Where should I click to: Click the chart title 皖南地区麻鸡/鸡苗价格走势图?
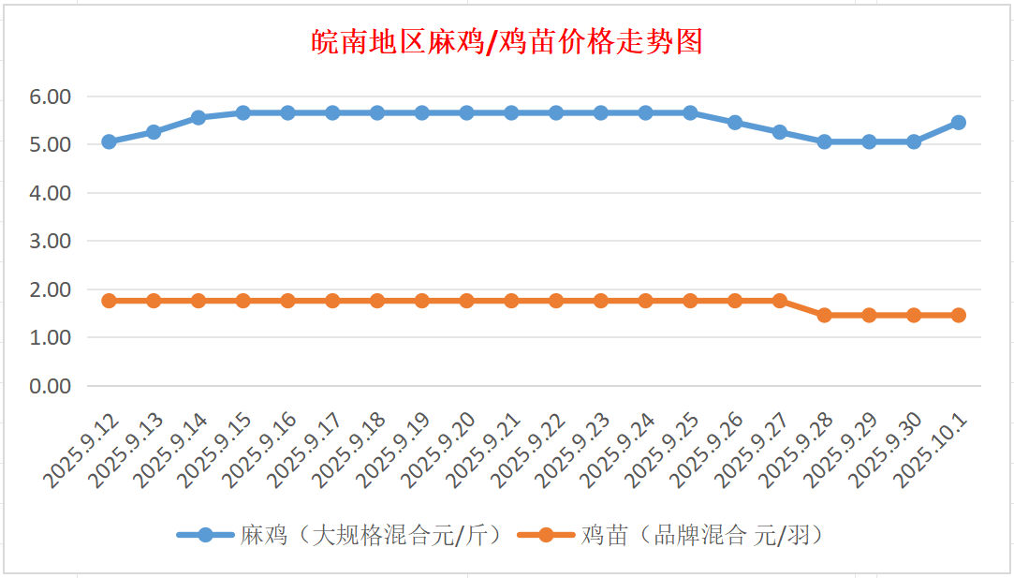coord(507,42)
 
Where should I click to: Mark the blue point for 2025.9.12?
coord(109,141)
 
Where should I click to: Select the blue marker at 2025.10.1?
coord(958,123)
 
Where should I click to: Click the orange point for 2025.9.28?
coord(824,315)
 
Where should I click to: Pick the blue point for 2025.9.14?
coord(198,118)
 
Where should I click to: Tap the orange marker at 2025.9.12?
coord(109,301)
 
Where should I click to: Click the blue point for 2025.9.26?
coord(735,123)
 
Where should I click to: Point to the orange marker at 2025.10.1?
coord(958,315)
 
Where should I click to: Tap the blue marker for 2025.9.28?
coord(824,141)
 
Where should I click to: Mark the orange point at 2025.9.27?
coord(779,301)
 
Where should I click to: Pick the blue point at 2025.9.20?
coord(466,112)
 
